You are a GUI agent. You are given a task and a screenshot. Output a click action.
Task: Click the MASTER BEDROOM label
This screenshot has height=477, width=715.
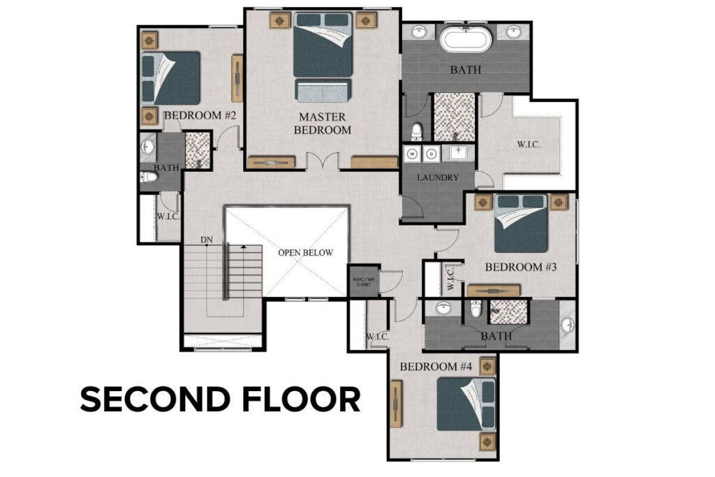click(x=322, y=123)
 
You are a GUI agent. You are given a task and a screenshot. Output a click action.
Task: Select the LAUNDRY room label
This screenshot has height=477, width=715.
click(x=438, y=177)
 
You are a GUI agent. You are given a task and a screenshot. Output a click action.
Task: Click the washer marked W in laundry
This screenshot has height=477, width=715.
click(x=413, y=153)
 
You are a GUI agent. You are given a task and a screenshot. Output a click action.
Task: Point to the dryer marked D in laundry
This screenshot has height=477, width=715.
click(x=431, y=153)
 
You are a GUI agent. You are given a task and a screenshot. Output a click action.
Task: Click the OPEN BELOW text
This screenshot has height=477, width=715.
click(x=305, y=253)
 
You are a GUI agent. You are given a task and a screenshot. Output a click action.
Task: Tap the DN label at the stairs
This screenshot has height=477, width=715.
click(x=206, y=240)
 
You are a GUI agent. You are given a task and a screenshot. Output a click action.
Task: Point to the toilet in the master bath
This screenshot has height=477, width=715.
click(x=418, y=131)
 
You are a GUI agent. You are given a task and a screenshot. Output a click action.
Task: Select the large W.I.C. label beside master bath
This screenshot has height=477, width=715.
click(x=529, y=145)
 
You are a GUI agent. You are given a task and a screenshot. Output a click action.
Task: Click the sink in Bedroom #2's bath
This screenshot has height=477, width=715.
click(x=148, y=147)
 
